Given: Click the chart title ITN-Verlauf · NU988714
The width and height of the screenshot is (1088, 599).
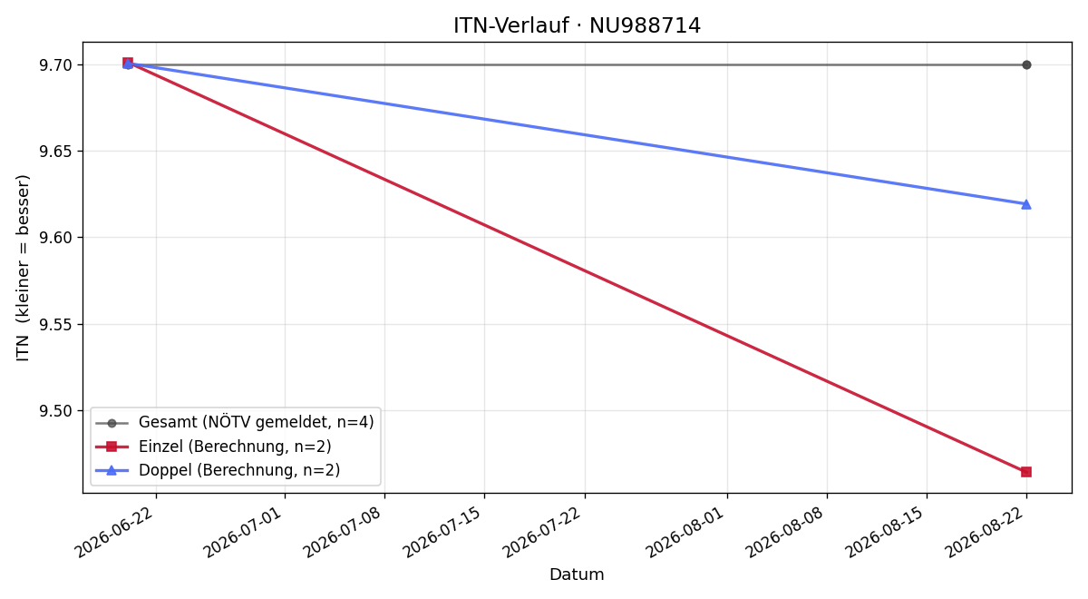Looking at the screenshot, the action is (577, 25).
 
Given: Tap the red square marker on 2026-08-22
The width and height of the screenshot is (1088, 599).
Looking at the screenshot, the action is (1025, 472).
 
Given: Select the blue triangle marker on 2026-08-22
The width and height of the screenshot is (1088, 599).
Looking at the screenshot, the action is (1025, 204).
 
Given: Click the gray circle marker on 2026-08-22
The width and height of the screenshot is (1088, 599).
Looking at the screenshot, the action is (1025, 64).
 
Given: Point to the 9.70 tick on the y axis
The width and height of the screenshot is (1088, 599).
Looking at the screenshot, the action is (55, 65).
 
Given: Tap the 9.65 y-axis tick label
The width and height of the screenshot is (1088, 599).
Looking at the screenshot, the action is (55, 152).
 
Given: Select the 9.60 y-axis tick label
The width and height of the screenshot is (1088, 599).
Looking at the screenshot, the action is (55, 238).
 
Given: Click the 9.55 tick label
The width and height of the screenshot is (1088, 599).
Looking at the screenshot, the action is (55, 324).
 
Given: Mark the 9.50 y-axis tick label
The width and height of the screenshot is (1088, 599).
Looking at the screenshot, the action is (55, 411).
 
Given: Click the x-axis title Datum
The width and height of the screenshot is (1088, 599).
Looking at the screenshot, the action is (577, 574).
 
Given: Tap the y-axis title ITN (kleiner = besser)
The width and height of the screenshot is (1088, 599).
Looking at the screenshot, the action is (23, 268).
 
